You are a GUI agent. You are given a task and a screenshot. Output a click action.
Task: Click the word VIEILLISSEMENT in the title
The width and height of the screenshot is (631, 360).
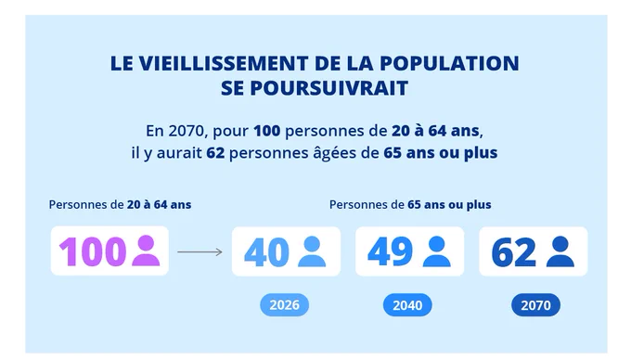pyautogui.click(x=227, y=63)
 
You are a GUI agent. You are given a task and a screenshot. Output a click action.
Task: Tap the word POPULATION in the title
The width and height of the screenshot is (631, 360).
pyautogui.click(x=449, y=63)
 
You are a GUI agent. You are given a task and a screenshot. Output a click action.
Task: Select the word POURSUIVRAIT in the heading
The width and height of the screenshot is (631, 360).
pyautogui.click(x=329, y=88)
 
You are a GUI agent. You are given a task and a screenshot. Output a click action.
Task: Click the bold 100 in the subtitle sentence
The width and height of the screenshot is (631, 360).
pyautogui.click(x=267, y=131)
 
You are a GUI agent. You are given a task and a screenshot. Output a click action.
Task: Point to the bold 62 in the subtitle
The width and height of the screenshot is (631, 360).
pyautogui.click(x=215, y=153)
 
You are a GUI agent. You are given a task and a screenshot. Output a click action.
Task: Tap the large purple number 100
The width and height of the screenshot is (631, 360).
pyautogui.click(x=92, y=251)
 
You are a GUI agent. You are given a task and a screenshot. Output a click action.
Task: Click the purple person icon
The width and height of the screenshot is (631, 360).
pyautogui.click(x=146, y=251)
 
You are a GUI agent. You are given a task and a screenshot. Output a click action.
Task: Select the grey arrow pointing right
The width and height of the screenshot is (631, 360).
pyautogui.click(x=200, y=252)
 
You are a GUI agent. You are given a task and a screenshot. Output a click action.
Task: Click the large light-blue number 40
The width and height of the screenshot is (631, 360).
pyautogui.click(x=266, y=252)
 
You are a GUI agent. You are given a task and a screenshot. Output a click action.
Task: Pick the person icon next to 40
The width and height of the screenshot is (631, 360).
pyautogui.click(x=312, y=251)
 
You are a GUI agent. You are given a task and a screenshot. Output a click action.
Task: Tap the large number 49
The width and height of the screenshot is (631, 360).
pyautogui.click(x=390, y=252)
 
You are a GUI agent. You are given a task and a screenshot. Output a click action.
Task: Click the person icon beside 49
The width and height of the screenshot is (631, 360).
pyautogui.click(x=437, y=251)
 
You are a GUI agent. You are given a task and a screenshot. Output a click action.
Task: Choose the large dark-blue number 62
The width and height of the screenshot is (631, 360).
pyautogui.click(x=513, y=252)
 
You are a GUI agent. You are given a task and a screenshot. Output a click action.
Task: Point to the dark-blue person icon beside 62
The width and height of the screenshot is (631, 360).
pyautogui.click(x=560, y=251)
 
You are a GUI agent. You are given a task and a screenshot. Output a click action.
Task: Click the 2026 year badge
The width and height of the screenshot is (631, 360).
pyautogui.click(x=285, y=305)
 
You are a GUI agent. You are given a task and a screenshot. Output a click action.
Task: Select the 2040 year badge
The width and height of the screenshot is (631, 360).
pyautogui.click(x=407, y=305)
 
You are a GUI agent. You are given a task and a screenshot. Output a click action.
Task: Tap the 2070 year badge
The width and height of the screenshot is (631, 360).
pyautogui.click(x=535, y=305)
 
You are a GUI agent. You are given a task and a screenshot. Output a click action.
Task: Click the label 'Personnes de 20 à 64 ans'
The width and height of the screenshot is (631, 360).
pyautogui.click(x=120, y=205)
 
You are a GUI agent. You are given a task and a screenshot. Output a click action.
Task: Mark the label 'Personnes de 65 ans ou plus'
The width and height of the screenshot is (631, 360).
pyautogui.click(x=410, y=205)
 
